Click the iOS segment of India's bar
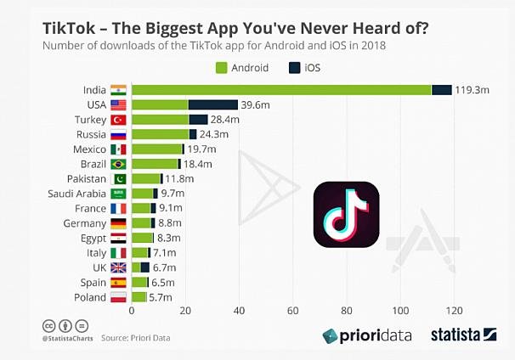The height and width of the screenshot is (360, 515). pos(442,90)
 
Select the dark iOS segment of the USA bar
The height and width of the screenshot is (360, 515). pos(212,104)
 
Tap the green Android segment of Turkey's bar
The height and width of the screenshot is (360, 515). pos(160,120)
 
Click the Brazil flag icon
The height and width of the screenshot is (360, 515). pos(118,164)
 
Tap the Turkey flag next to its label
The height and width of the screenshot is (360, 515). pos(118,120)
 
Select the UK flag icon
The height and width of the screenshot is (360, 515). pos(118,267)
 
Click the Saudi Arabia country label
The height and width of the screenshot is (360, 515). pos(76,194)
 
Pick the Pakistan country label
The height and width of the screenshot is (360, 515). pos(87,178)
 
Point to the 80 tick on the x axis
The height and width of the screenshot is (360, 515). pos(347,311)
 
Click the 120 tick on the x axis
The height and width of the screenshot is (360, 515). pos(455,311)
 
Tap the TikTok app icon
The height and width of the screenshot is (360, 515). pos(346,216)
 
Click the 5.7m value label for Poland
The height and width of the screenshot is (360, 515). pos(161,297)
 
